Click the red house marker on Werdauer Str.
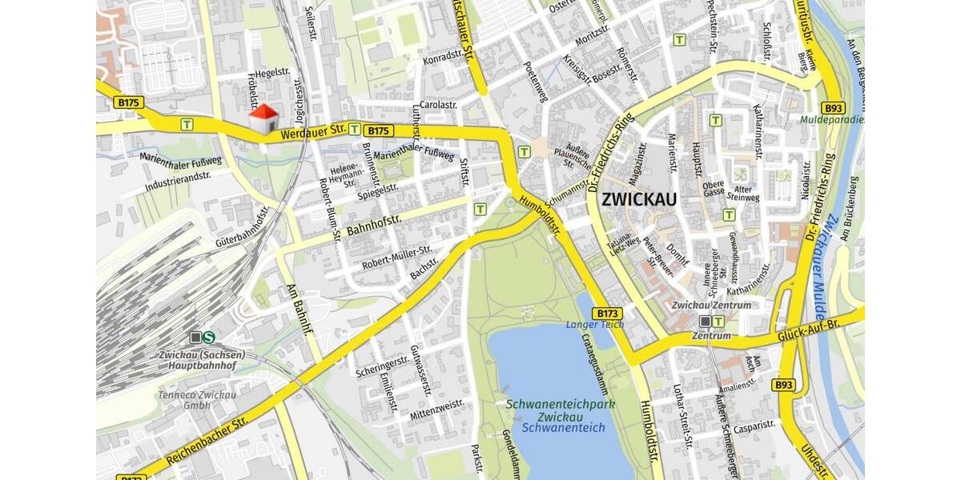tap(263, 119)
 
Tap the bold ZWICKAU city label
tap(638, 199)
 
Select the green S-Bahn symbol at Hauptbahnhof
tap(209, 338)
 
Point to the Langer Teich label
tap(594, 324)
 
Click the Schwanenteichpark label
tap(560, 405)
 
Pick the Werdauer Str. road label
tap(312, 132)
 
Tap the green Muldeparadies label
tap(832, 120)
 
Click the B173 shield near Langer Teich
tap(608, 313)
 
